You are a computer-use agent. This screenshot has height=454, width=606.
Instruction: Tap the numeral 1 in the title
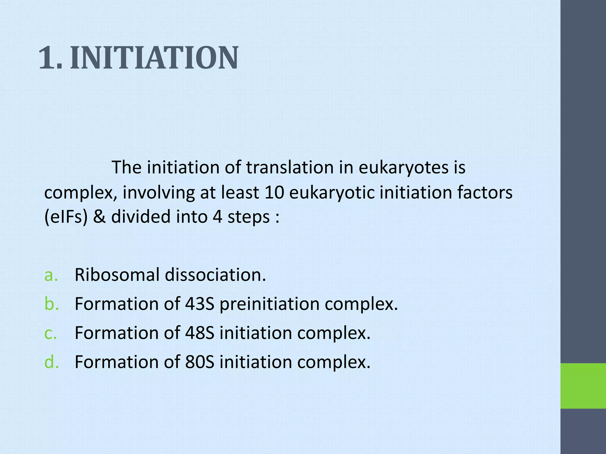click(47, 58)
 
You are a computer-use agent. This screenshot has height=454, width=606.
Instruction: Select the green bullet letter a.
click(51, 275)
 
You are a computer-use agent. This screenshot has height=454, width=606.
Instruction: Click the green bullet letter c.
click(50, 333)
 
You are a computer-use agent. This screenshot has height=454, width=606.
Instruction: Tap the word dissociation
click(215, 275)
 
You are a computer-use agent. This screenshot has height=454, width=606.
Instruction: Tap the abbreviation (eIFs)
click(66, 217)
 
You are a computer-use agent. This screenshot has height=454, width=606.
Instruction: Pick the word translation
click(290, 167)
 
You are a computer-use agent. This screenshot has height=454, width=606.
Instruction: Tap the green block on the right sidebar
click(583, 386)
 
